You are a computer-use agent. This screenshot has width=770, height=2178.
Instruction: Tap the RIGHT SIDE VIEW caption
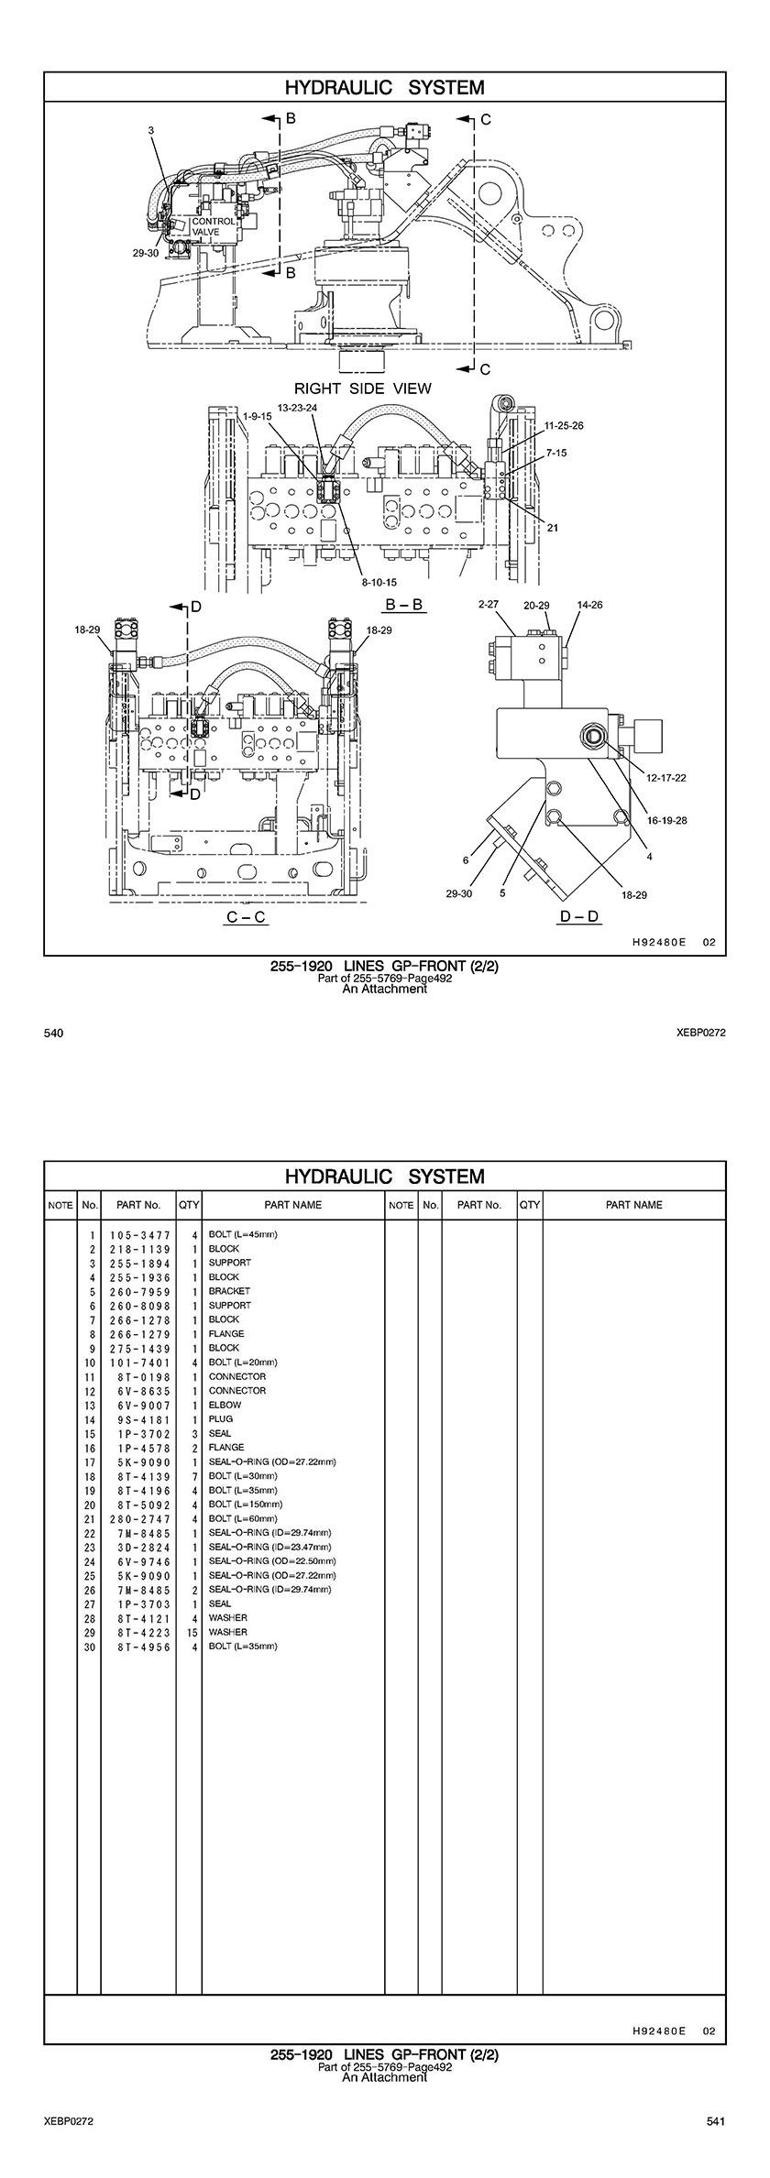click(362, 388)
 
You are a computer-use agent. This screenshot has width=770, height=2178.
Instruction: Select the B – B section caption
click(404, 605)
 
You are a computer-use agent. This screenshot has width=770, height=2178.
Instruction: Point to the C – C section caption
click(247, 916)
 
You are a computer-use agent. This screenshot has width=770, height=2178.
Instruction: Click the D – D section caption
click(579, 916)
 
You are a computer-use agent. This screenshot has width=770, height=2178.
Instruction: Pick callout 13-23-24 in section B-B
click(297, 407)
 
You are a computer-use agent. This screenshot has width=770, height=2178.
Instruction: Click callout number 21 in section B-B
click(553, 527)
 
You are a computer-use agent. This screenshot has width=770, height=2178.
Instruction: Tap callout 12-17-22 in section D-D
click(666, 777)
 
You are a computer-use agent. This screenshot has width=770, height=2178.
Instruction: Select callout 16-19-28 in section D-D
click(666, 820)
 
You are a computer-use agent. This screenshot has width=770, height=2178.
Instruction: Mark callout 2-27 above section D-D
click(489, 605)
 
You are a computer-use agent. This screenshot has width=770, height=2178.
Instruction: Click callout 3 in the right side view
click(151, 131)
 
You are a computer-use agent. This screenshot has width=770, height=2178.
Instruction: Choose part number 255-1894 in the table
click(140, 1263)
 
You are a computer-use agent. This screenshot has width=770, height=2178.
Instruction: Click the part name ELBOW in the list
click(225, 1405)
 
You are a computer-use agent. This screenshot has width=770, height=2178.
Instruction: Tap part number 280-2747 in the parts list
click(140, 1518)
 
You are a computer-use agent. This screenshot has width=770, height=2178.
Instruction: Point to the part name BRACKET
click(229, 1291)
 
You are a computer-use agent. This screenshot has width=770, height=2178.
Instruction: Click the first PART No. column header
click(138, 1205)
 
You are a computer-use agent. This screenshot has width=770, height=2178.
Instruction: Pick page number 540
click(53, 1034)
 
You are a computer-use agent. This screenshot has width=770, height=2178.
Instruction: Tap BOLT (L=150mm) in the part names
click(246, 1504)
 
